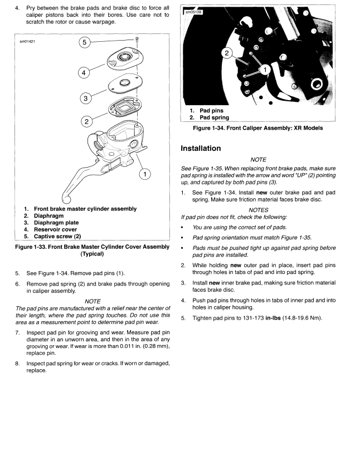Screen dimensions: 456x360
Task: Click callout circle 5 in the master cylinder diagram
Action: pos(84,42)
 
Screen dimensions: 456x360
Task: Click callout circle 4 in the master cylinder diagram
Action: pos(84,72)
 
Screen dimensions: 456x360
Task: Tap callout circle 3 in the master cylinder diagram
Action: pos(85,99)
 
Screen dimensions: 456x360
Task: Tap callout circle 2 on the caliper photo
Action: pos(226,53)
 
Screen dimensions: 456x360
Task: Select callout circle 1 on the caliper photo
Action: pos(265,69)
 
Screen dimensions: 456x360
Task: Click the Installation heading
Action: pos(201,149)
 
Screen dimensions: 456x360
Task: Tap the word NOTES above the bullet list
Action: pos(259,210)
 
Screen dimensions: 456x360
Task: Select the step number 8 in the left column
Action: pos(17,364)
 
